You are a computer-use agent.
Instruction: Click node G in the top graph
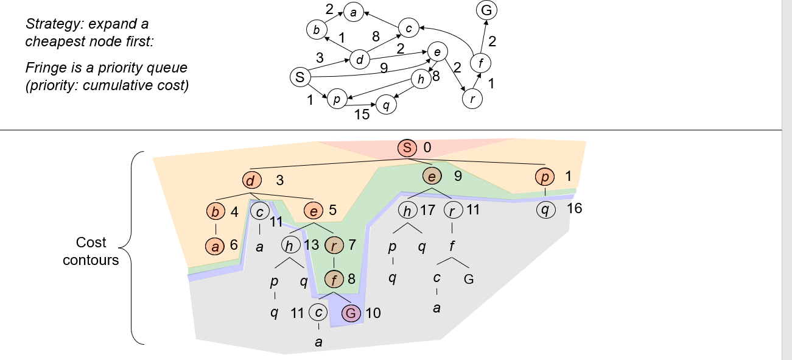486,10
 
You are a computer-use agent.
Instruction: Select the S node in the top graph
299,77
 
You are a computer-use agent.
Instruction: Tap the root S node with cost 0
407,147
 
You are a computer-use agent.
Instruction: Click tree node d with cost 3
251,180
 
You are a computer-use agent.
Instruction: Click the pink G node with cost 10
351,313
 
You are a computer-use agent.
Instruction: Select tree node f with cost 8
334,280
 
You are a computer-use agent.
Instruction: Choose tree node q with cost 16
545,210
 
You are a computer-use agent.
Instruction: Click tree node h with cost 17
407,211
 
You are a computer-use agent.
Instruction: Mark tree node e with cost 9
432,177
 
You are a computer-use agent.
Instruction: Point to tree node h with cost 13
290,245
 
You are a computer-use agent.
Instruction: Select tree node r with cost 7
334,245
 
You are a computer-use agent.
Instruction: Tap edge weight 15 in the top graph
362,114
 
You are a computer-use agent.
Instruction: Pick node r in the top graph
472,99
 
